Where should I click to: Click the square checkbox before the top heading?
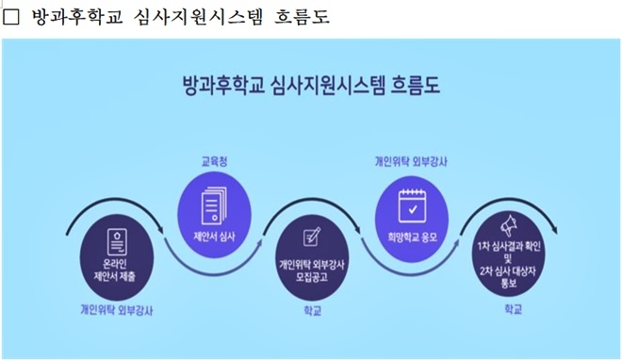(x=13, y=18)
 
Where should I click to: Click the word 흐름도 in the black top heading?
(x=301, y=18)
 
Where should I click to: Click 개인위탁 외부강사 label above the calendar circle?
(x=411, y=161)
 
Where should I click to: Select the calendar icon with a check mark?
(x=411, y=202)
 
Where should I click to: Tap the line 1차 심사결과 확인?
(x=512, y=246)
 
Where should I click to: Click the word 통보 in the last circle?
(x=512, y=280)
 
